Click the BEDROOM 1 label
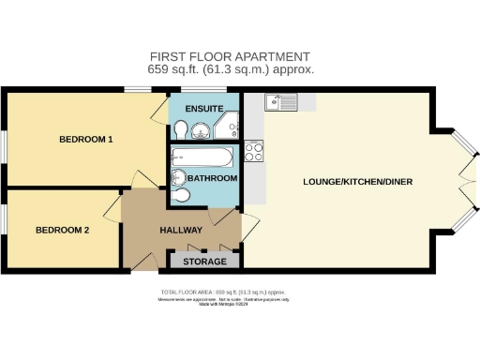click(85, 140)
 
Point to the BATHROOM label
click(212, 178)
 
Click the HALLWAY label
click(181, 230)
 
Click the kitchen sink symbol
click(280, 102)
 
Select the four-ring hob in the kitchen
click(253, 150)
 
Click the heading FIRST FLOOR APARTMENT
click(231, 56)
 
